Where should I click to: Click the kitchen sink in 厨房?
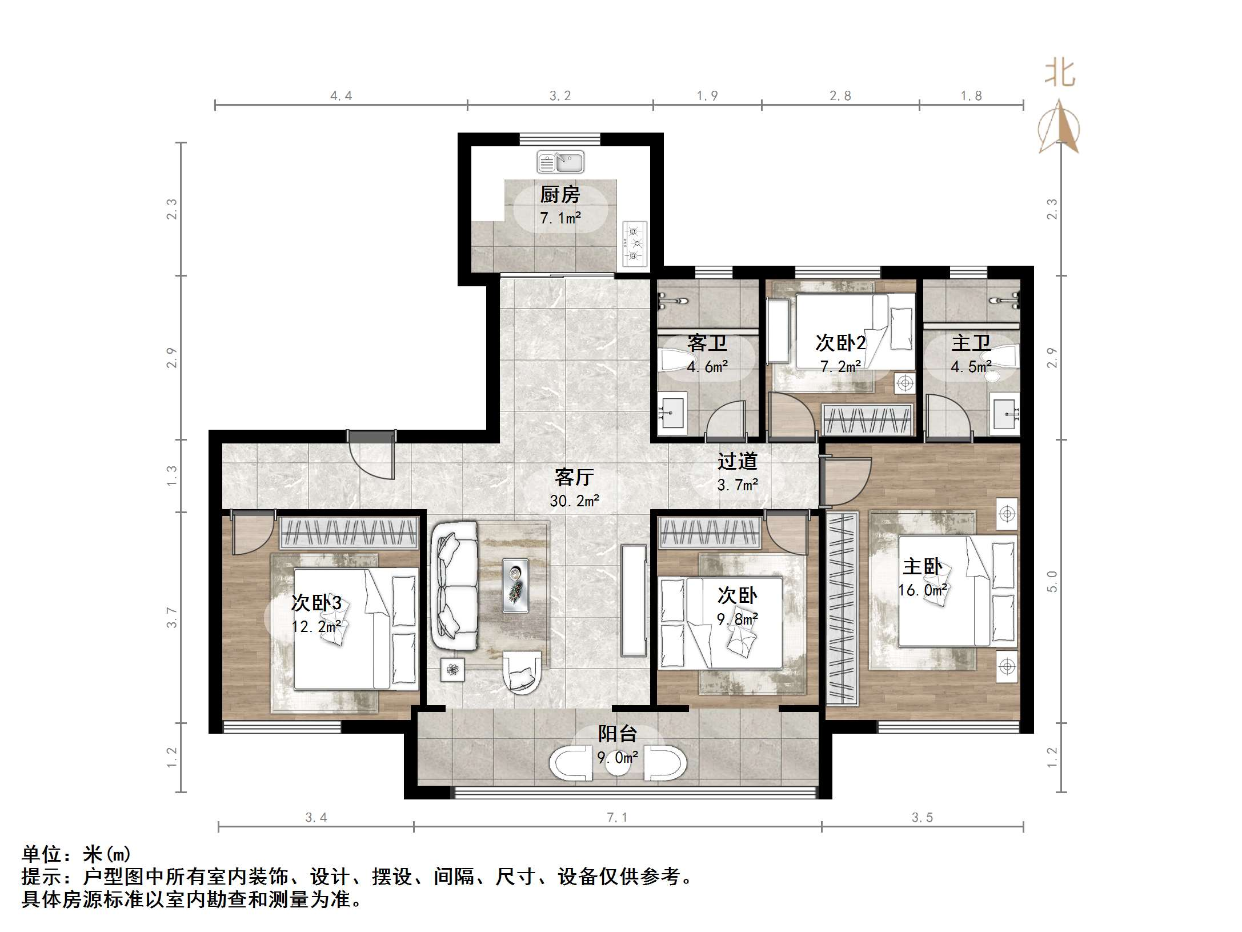click(560, 162)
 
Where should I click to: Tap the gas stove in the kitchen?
click(635, 244)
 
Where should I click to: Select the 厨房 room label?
click(560, 195)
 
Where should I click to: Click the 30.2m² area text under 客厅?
click(574, 501)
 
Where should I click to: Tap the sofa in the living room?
click(455, 586)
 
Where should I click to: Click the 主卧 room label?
click(922, 566)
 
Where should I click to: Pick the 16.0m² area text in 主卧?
click(922, 590)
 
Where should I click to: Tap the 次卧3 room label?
click(316, 602)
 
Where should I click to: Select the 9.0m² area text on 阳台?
click(617, 758)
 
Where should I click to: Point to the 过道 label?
click(737, 461)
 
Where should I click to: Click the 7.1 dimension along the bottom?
click(617, 818)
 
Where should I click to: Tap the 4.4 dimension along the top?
click(341, 96)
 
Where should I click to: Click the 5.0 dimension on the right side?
click(1052, 581)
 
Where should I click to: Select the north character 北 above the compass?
click(1060, 74)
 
